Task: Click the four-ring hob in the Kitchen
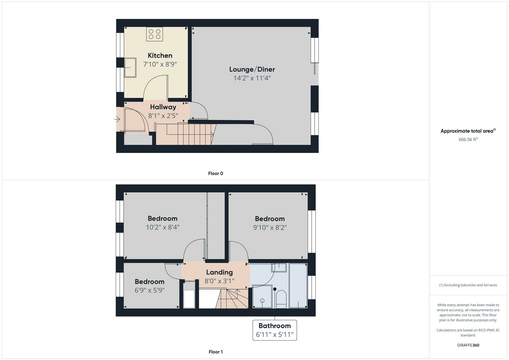155,34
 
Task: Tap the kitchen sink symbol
130,67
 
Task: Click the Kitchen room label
160,55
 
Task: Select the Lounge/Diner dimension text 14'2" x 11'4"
252,78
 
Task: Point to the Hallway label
163,107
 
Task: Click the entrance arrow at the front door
117,119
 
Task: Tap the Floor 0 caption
215,173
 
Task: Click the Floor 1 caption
215,352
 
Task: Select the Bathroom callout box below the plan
274,330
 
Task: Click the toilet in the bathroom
281,299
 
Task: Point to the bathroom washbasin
279,267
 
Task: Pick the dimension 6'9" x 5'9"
150,290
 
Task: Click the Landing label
219,272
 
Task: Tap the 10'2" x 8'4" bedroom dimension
162,227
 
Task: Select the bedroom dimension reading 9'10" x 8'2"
270,227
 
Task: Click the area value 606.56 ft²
468,139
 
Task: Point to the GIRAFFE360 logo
468,345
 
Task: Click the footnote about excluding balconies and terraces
468,285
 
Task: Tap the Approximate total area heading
468,131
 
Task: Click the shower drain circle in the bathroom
262,301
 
